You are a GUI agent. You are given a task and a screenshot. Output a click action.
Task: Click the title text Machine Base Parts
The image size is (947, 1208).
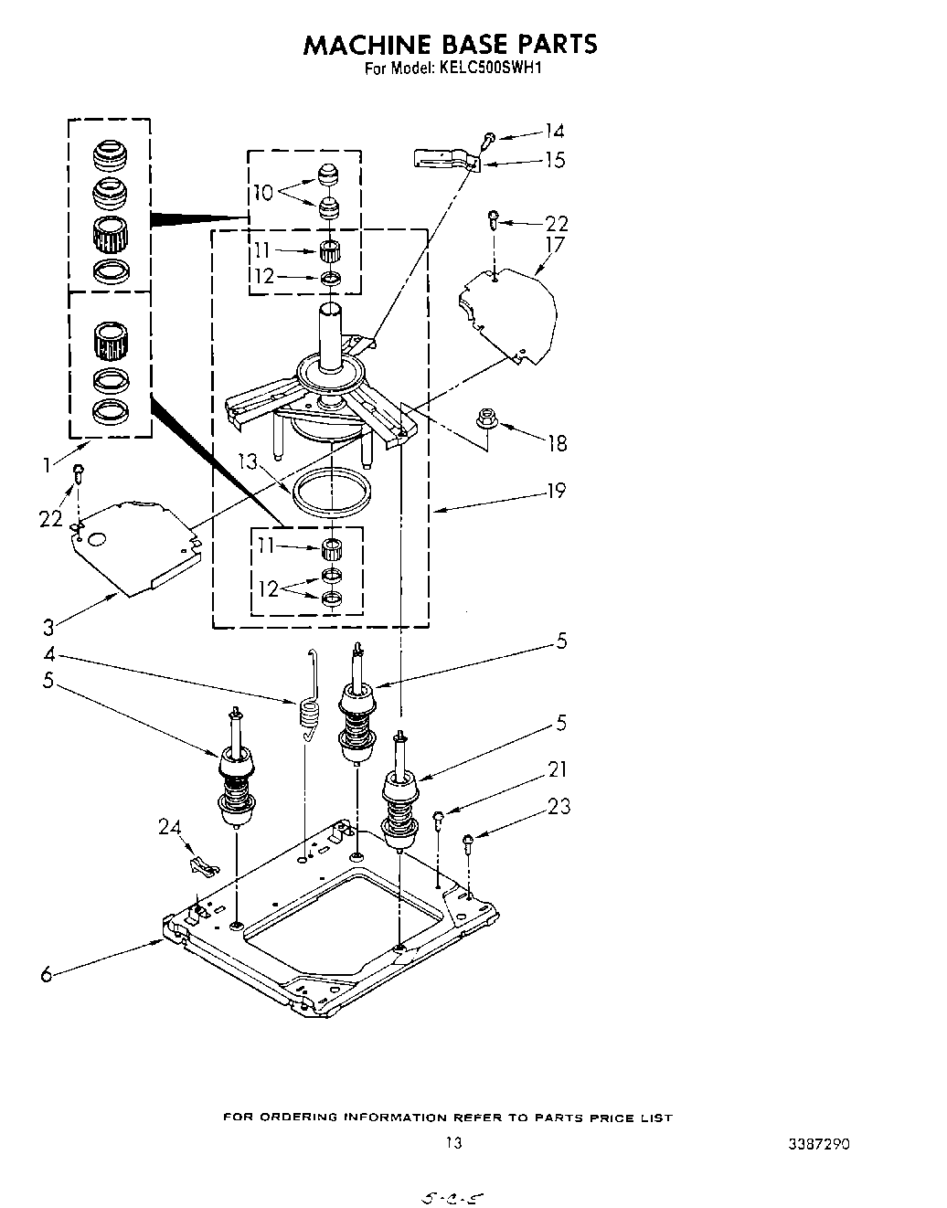(450, 44)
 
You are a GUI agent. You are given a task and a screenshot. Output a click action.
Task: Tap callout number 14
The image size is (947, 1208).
(555, 131)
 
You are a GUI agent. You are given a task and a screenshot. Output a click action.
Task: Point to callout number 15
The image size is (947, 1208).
(555, 160)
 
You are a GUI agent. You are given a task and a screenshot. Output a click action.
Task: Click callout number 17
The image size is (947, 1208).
(555, 245)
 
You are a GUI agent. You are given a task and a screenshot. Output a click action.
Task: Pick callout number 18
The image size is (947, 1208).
(557, 443)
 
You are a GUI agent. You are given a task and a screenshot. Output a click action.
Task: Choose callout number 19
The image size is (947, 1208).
(556, 492)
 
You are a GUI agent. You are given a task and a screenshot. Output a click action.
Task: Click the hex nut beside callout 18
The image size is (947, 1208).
(485, 420)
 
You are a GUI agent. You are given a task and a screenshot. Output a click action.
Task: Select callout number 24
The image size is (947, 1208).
(169, 828)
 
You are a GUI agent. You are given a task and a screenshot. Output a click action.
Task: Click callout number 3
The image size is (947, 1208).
(48, 627)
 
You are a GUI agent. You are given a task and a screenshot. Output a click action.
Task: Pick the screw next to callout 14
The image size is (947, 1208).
(490, 138)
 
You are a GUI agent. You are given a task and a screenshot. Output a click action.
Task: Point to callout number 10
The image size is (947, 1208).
(263, 193)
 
